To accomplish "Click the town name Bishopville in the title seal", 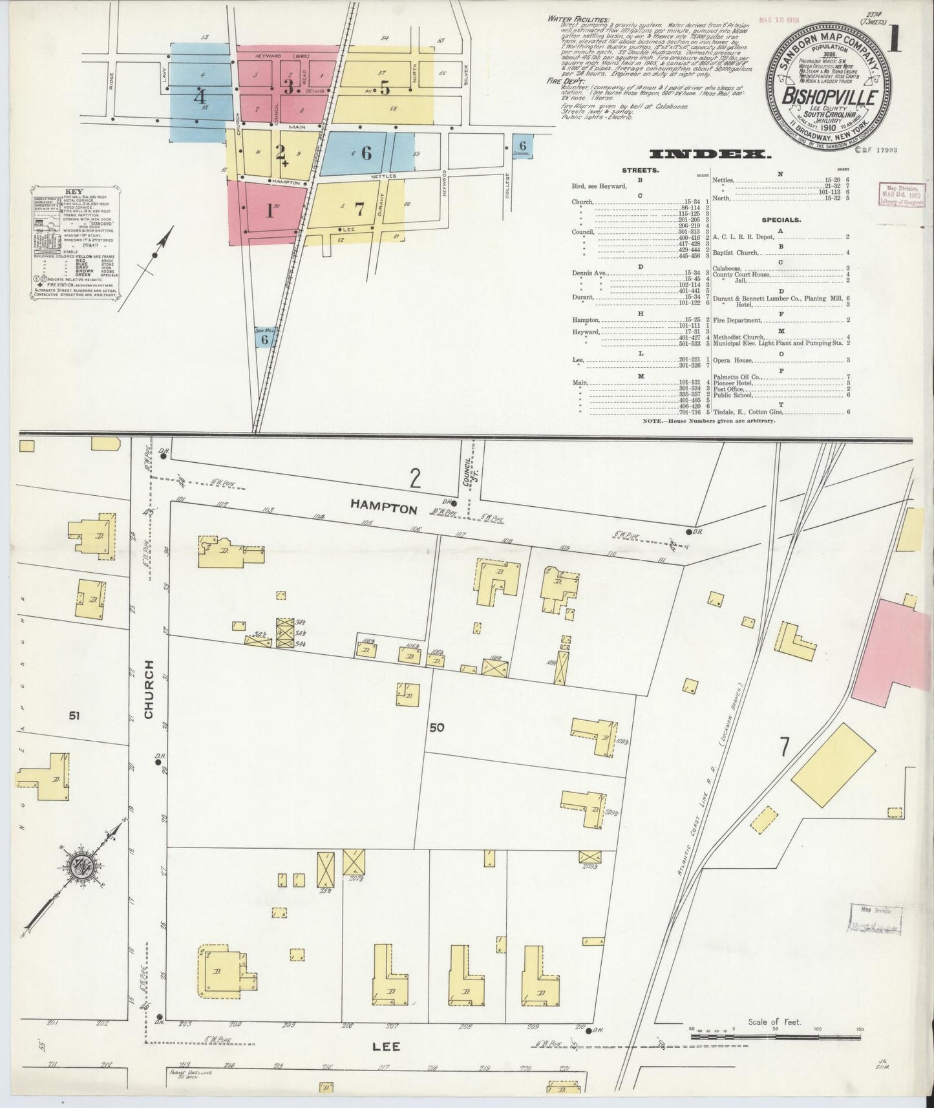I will point(830,98).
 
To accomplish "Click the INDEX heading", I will point(709,154).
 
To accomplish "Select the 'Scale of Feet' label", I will point(774,1022).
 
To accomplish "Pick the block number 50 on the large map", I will point(436,727).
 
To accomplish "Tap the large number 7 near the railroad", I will point(784,747).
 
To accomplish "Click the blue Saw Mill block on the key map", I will point(264,337).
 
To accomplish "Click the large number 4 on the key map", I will point(200,98).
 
